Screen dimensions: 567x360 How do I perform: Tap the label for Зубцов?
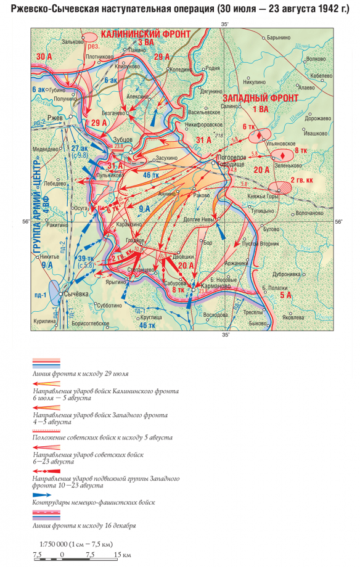(123, 139)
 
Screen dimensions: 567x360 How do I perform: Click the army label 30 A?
(44, 56)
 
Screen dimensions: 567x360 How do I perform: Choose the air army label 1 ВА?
(261, 108)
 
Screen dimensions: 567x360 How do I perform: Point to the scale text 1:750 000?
(54, 545)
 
